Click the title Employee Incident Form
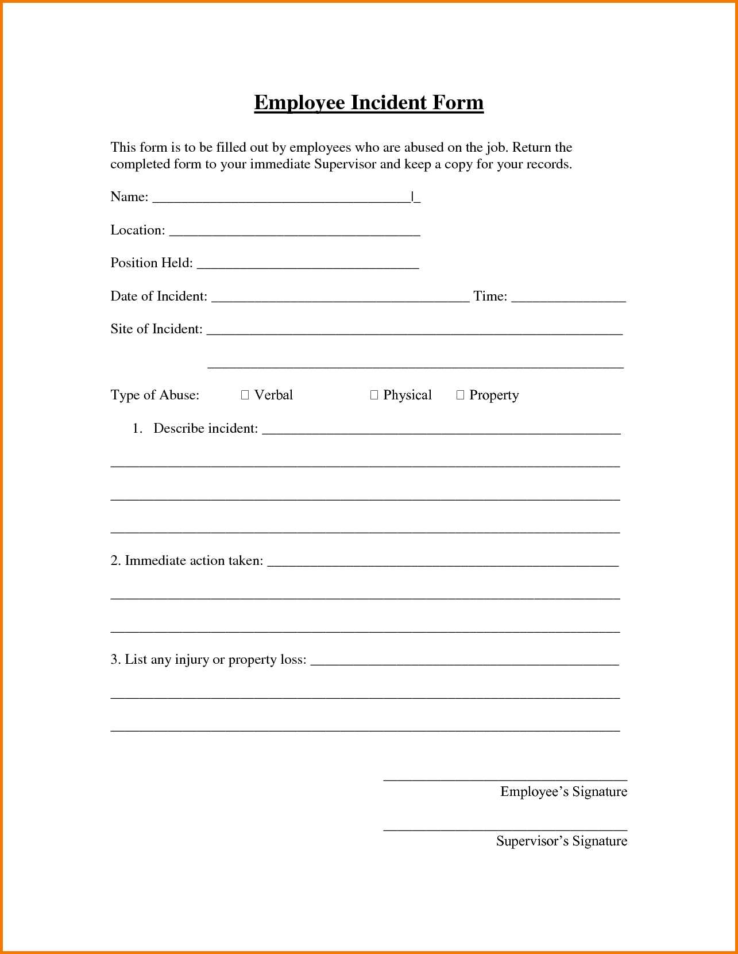[369, 103]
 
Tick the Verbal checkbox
[245, 395]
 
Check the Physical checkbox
[374, 395]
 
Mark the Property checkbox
[460, 395]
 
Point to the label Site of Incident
[156, 329]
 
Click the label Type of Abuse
[154, 395]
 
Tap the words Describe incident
[206, 429]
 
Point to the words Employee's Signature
[563, 792]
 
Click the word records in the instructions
[550, 164]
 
